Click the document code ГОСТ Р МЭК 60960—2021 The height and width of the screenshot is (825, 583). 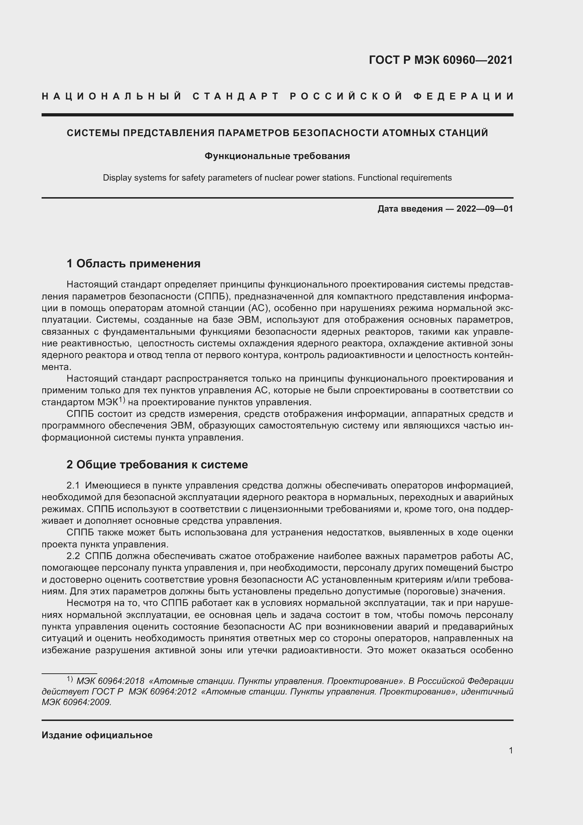441,60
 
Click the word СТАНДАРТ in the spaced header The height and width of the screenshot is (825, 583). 236,96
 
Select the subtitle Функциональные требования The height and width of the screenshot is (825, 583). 277,156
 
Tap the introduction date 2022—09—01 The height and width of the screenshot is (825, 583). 485,209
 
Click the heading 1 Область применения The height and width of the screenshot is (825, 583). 133,264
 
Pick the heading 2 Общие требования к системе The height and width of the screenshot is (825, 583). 157,465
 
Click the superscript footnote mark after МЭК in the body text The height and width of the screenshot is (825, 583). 121,400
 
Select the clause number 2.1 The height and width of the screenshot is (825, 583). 73,485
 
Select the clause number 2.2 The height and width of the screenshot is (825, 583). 73,556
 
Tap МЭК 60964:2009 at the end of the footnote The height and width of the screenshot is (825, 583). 76,702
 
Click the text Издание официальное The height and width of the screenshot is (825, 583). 97,735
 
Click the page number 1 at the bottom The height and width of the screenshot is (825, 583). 510,750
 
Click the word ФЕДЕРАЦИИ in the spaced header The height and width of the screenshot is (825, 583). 464,96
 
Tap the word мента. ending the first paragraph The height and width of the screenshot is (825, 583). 56,367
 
